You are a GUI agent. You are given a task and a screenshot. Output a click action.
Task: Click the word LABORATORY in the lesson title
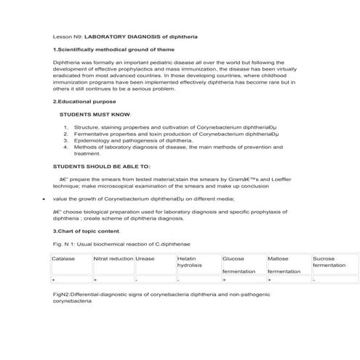click(x=106, y=36)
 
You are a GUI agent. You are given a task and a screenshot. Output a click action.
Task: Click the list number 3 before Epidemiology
click(x=65, y=141)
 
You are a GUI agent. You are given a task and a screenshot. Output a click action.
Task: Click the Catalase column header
click(x=63, y=258)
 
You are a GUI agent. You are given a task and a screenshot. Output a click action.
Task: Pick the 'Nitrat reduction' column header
click(x=113, y=258)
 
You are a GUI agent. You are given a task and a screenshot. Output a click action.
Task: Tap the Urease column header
click(x=145, y=258)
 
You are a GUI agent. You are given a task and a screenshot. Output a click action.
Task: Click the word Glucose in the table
click(x=233, y=258)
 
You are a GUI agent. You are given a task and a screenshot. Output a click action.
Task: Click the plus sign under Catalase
click(x=53, y=279)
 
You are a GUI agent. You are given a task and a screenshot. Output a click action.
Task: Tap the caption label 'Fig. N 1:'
click(x=65, y=241)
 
